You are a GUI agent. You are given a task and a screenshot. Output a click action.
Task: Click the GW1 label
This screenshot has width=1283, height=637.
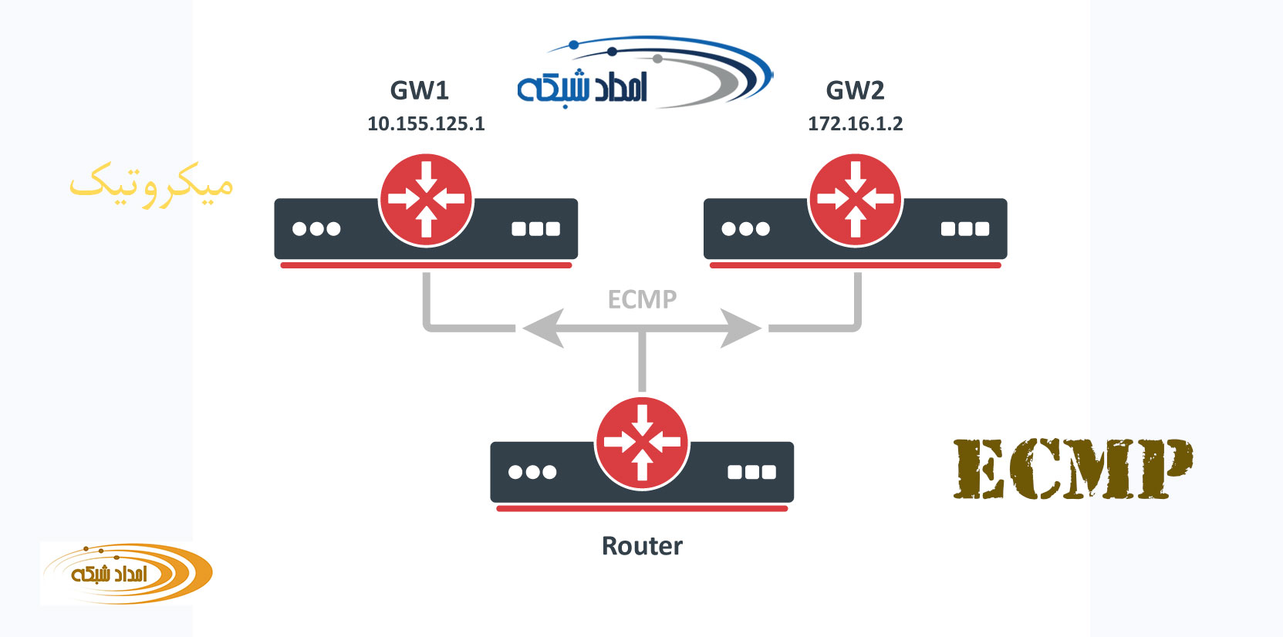point(419,91)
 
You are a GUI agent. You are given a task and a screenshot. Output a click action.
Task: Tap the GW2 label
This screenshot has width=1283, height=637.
point(855,91)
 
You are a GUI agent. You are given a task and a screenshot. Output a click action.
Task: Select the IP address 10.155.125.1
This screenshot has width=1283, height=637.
point(426,124)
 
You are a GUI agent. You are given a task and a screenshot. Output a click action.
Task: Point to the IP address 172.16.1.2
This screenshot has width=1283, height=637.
point(855,124)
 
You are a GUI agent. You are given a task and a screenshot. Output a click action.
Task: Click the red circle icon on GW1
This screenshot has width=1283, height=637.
point(426,200)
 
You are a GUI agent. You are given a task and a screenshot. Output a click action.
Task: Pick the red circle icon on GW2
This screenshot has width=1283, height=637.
point(855,200)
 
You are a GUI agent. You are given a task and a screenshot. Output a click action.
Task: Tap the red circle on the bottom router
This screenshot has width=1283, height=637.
point(642,443)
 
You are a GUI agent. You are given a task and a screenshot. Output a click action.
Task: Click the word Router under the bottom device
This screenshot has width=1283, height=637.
point(642,546)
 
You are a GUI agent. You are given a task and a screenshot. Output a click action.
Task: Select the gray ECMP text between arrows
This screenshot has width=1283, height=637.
point(642,299)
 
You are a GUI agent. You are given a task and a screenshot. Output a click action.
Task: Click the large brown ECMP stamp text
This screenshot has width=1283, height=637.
point(1072,468)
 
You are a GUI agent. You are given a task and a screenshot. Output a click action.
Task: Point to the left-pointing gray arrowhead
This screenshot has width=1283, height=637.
point(543,329)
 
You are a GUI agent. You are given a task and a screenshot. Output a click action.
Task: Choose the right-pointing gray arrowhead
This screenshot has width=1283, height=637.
point(741,329)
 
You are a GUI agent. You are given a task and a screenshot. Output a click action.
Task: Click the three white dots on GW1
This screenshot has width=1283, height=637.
point(316,229)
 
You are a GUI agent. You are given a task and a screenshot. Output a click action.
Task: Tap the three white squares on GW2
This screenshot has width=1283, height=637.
point(965,229)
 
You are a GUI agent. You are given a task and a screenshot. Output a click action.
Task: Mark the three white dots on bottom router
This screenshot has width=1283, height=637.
point(532,472)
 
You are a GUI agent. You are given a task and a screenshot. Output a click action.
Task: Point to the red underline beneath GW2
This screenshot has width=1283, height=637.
point(855,265)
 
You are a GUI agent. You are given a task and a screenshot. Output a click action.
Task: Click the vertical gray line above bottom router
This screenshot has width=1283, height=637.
point(642,362)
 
